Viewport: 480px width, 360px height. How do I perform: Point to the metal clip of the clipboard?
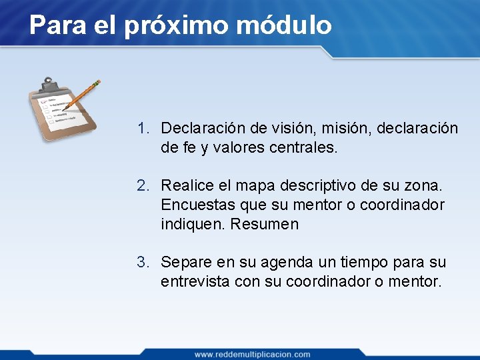coord(48,85)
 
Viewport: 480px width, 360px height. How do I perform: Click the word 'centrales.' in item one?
coord(303,147)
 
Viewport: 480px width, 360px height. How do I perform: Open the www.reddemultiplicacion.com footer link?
coord(252,354)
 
